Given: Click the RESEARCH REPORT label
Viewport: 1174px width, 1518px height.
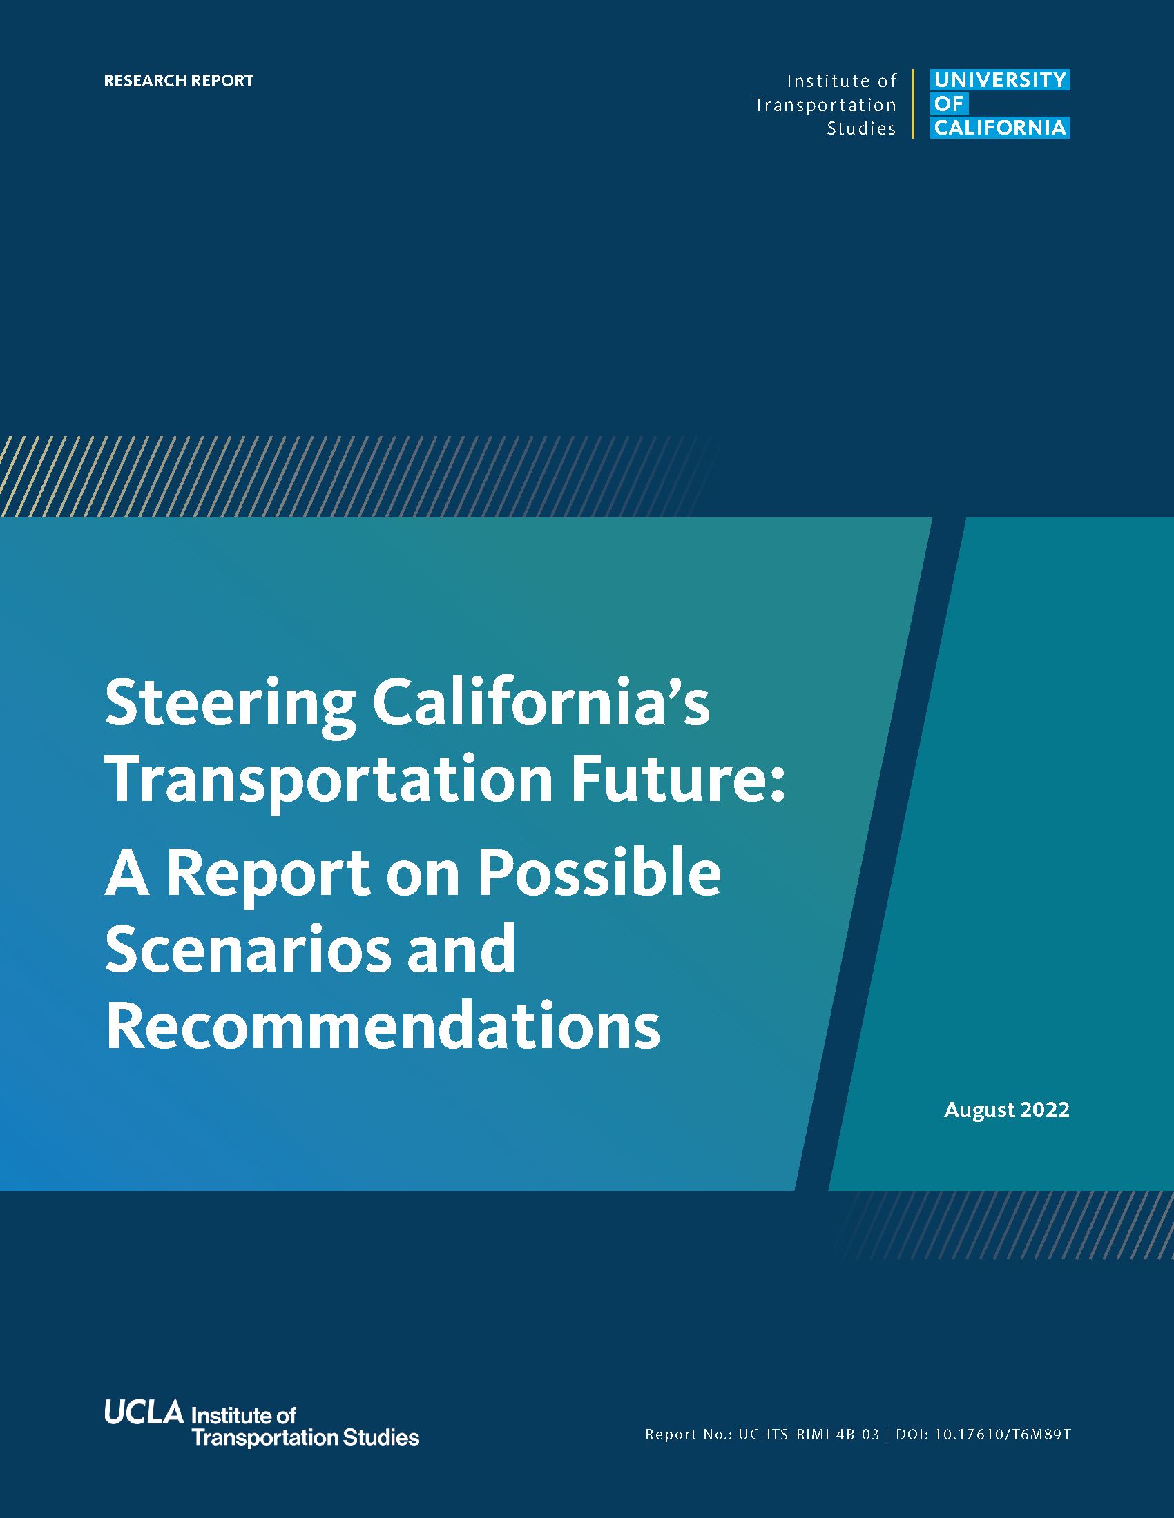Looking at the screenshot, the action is click(179, 81).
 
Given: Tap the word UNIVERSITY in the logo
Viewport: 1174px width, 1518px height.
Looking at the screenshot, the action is click(1000, 80).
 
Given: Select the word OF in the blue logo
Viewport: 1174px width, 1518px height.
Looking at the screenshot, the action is click(950, 103).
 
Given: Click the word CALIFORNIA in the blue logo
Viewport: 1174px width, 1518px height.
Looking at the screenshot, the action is click(1000, 128).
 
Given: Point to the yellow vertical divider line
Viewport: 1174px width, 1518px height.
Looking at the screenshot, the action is click(913, 103).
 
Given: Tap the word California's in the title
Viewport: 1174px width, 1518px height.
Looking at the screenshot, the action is click(541, 701).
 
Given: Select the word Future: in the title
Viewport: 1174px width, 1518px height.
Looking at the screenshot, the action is click(677, 778).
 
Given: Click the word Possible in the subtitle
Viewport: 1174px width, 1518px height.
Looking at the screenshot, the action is click(599, 873).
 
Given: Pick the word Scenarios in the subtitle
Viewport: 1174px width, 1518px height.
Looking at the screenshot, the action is click(249, 949).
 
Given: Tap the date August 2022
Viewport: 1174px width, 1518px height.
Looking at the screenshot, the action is click(1006, 1110).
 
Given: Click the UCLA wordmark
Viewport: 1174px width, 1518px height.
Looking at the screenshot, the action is click(144, 1412).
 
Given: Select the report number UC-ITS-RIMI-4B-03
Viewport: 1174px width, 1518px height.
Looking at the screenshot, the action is click(808, 1435).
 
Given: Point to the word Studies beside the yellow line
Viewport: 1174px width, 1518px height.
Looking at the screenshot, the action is click(861, 128).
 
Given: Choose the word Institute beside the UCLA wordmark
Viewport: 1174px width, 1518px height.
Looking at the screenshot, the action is click(232, 1415).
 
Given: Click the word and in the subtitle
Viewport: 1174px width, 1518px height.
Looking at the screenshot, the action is click(461, 947).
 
